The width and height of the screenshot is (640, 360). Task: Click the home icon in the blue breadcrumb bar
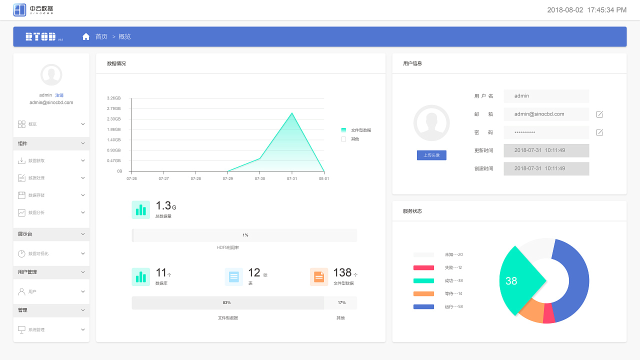pos(86,36)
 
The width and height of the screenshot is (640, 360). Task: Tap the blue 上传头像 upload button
pos(431,155)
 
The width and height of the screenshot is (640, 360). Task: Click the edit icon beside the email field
pos(599,114)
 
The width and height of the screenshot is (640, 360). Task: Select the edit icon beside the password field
pos(599,132)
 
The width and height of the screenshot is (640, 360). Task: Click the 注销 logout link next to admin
pos(59,95)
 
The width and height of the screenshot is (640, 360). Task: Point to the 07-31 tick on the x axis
pos(292,178)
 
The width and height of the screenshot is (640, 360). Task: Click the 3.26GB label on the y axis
pos(113,98)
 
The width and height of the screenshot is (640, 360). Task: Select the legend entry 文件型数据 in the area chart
pos(360,130)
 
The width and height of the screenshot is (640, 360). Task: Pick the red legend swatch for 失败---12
pos(423,267)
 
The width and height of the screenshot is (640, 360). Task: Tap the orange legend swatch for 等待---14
pos(423,293)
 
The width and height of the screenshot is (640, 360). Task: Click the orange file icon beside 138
pos(319,276)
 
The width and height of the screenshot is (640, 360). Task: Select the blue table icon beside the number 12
pos(233,276)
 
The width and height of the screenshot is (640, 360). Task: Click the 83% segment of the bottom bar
pos(227,303)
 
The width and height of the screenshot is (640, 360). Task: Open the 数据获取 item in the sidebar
pos(36,160)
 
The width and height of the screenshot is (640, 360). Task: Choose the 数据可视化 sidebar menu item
pos(38,253)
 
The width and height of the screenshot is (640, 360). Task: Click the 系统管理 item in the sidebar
pos(36,330)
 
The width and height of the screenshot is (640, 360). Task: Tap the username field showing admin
pos(546,96)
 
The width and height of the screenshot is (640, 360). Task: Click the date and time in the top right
pos(586,10)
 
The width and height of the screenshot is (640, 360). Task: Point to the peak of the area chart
pos(292,113)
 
